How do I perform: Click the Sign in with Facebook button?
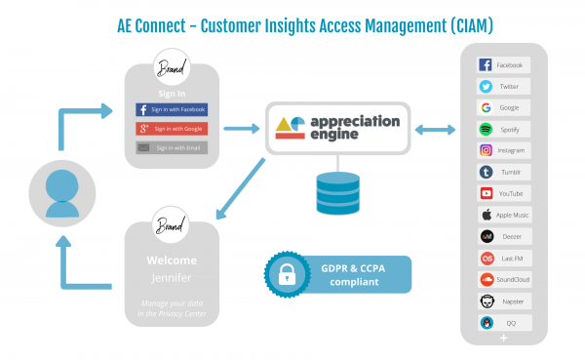[171, 110]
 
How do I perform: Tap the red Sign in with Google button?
[171, 129]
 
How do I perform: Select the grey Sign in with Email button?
[171, 147]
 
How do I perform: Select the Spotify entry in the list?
[503, 129]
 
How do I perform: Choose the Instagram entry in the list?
[503, 150]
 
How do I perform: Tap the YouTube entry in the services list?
[503, 193]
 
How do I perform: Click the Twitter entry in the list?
[503, 86]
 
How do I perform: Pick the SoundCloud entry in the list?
[503, 278]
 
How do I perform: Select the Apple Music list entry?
[503, 215]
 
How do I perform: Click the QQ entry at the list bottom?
[503, 321]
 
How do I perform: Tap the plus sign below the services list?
[503, 337]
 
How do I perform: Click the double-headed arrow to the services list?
[435, 129]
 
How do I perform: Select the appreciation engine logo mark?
[291, 127]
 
